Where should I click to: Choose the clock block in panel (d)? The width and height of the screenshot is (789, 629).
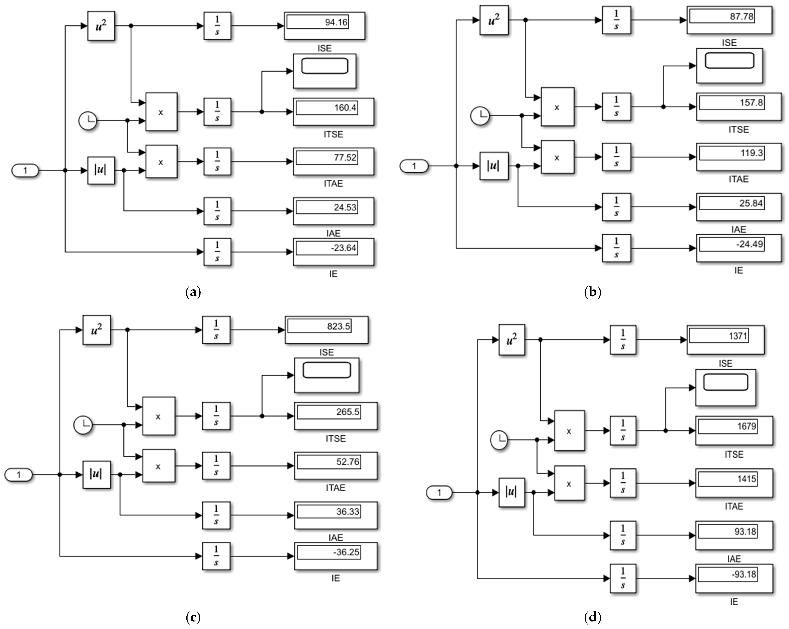[x=499, y=440]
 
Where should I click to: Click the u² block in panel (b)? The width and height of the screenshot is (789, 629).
[x=494, y=20]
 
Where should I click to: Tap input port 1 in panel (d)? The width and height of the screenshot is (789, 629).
[x=439, y=493]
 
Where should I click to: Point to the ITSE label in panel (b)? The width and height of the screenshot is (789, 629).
[x=738, y=130]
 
